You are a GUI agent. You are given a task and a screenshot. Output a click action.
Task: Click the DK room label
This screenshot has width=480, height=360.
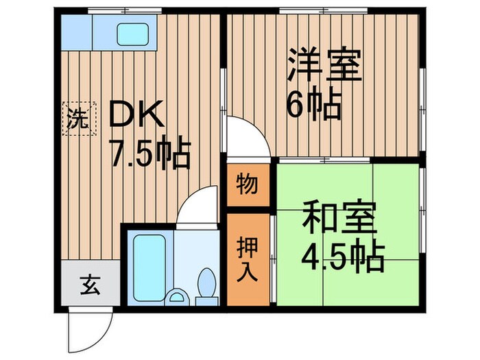137,115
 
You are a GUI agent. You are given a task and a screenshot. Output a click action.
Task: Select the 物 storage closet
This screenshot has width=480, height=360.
248,184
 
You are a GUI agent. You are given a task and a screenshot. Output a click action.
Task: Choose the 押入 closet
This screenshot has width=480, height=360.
248,259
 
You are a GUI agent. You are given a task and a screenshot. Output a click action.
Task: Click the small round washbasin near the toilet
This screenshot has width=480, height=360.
178,298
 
